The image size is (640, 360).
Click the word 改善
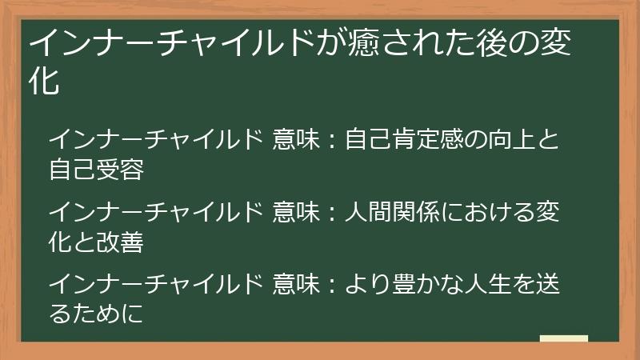[120, 242]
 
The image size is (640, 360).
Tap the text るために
[96, 314]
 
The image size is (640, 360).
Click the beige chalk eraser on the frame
[563, 338]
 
